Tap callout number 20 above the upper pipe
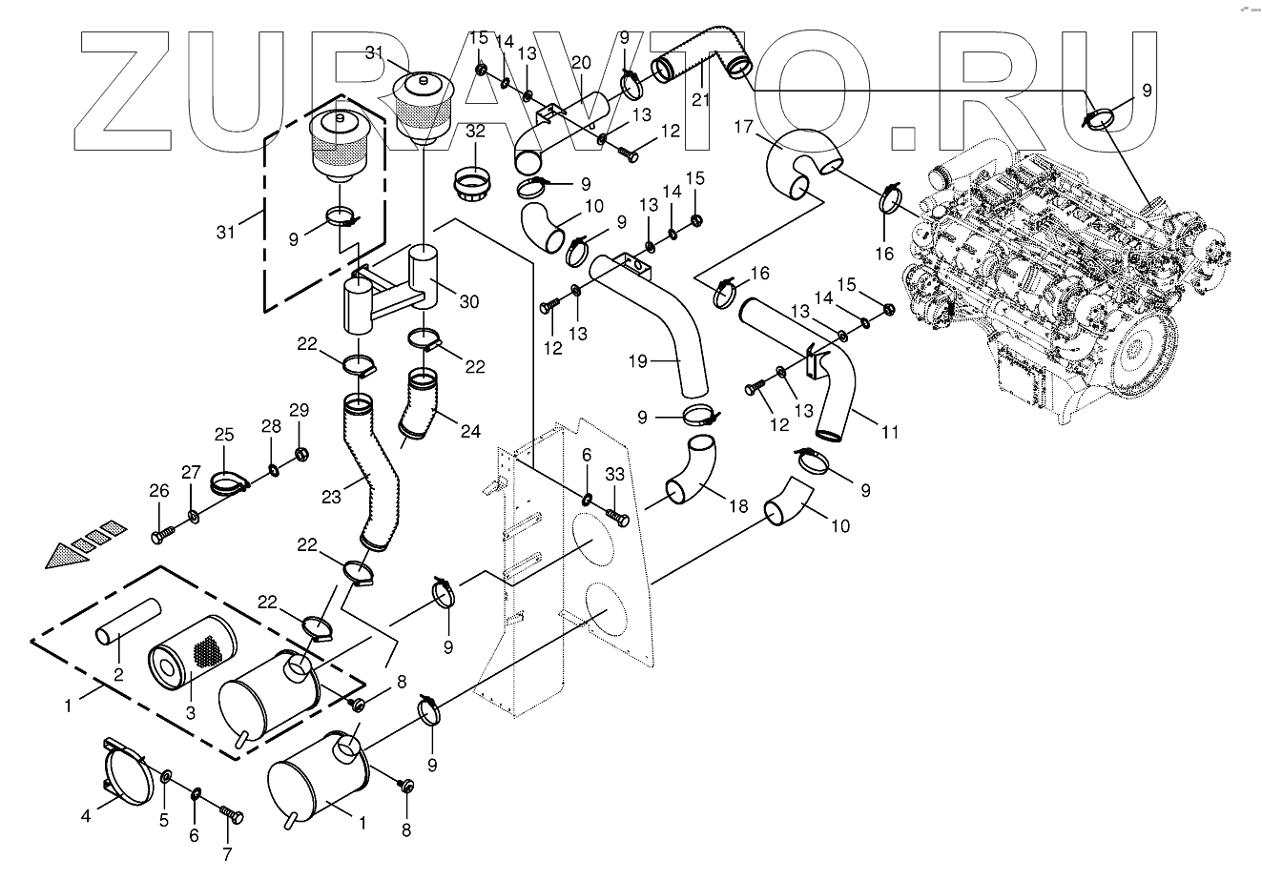pyautogui.click(x=582, y=63)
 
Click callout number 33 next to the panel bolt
pyautogui.click(x=615, y=475)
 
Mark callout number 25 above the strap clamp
pyautogui.click(x=224, y=436)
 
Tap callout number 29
pyautogui.click(x=300, y=411)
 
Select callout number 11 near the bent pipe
pyautogui.click(x=889, y=432)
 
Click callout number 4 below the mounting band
pyautogui.click(x=87, y=815)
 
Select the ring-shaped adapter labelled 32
pyautogui.click(x=474, y=181)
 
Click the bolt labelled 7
pyautogui.click(x=233, y=816)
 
